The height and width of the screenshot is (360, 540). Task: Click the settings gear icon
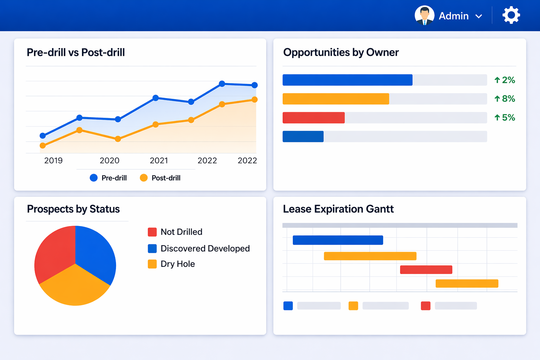tap(511, 15)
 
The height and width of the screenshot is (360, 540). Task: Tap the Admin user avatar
tap(424, 15)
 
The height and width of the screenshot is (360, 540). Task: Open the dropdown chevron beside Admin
tap(478, 16)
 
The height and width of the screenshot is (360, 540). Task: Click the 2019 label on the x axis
tap(53, 161)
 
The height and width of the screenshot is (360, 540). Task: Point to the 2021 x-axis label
tap(159, 161)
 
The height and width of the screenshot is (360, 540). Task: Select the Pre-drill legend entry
tap(108, 178)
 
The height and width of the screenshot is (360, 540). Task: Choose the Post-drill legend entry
tap(160, 178)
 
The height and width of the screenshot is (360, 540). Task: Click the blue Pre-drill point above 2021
tap(156, 98)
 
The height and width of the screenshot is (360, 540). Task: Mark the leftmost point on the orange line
tap(43, 146)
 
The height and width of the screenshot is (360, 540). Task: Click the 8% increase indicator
tap(504, 99)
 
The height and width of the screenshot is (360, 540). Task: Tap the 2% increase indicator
tap(504, 80)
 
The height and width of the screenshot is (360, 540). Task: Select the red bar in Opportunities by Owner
tap(314, 118)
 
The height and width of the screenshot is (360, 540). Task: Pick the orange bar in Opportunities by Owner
tap(336, 99)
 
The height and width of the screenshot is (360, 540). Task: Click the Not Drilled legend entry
tap(175, 232)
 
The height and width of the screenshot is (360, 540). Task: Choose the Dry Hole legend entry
tap(171, 264)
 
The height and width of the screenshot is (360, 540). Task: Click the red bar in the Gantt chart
tap(426, 270)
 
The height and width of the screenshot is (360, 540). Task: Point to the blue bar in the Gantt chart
tap(338, 240)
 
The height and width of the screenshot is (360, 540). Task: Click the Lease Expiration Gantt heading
tap(338, 209)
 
